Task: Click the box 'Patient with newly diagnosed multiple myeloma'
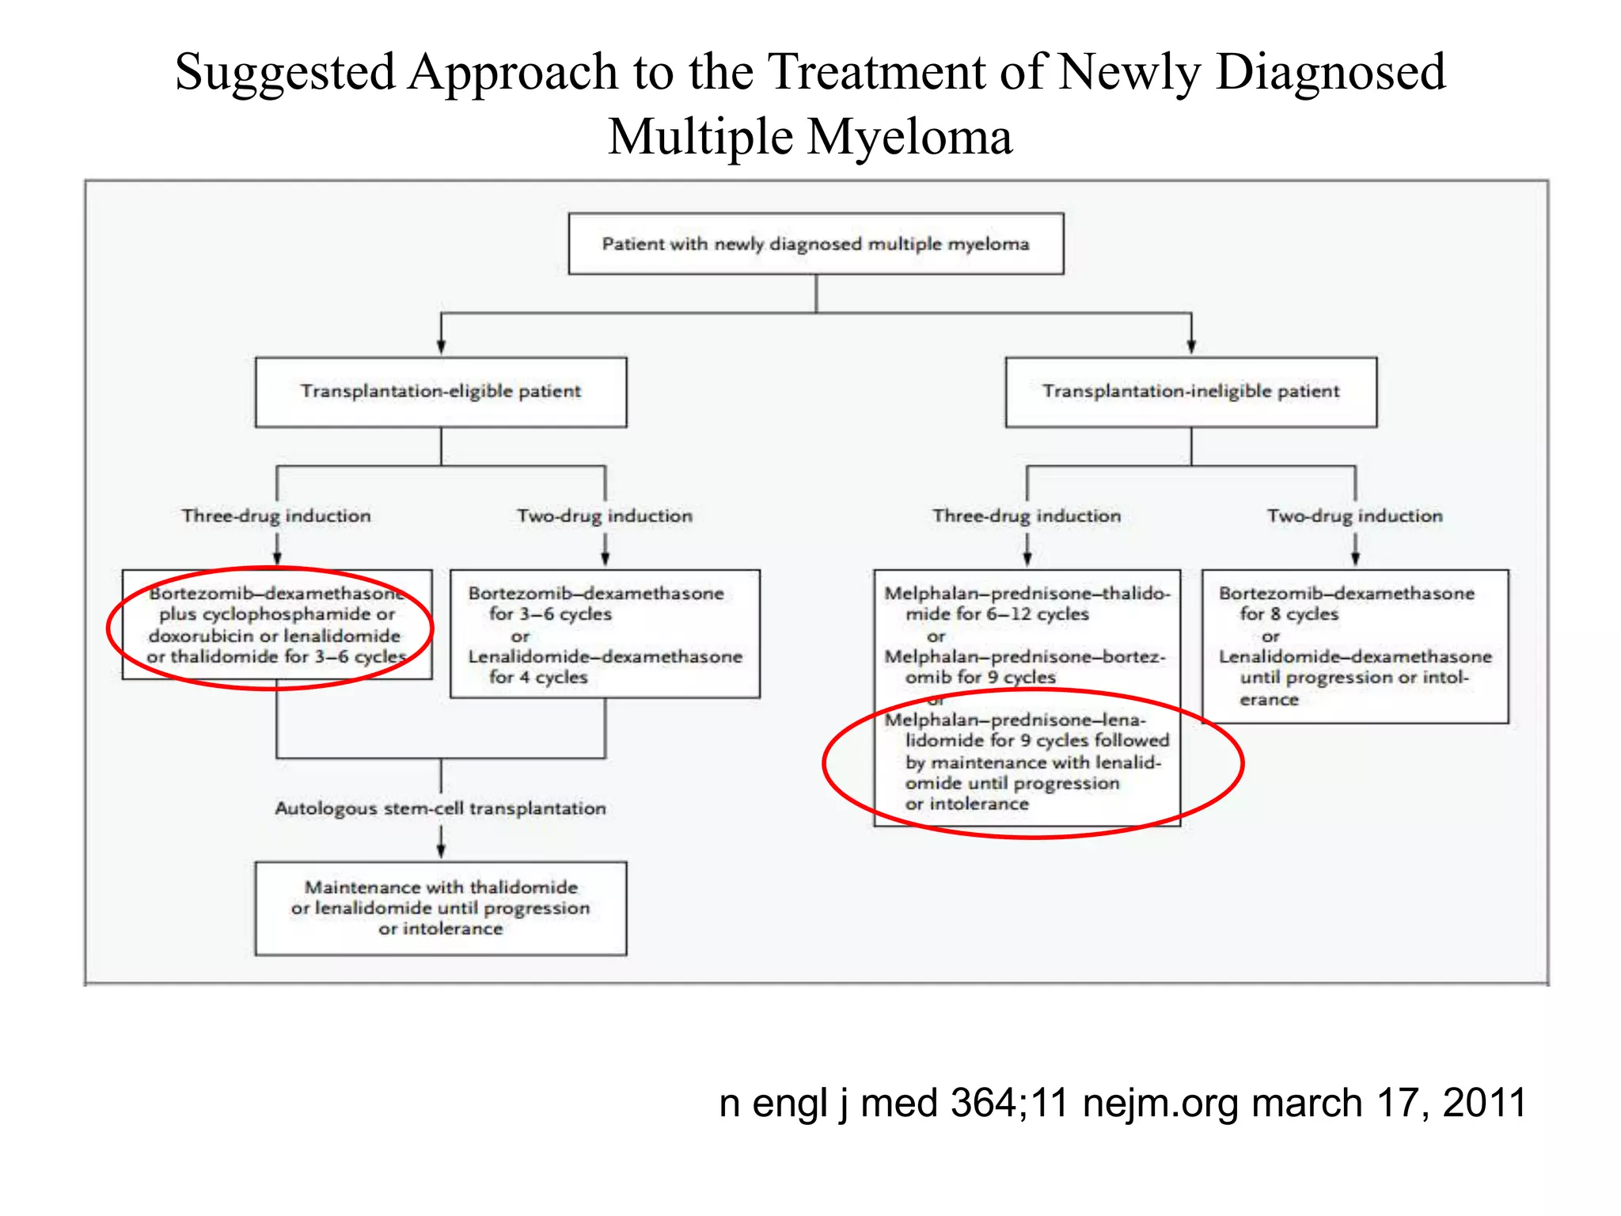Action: [x=815, y=244]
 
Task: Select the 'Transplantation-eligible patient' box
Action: [x=440, y=391]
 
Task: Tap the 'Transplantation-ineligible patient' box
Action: [x=1190, y=391]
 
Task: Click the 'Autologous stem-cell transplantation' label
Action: [x=440, y=808]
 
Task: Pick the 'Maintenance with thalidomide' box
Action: [x=440, y=908]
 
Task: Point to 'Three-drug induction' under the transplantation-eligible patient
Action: [x=276, y=516]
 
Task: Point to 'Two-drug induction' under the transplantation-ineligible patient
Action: [x=1354, y=516]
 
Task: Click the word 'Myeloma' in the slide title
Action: [x=909, y=137]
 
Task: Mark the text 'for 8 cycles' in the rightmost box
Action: [x=1289, y=614]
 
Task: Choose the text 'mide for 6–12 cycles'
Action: [x=997, y=614]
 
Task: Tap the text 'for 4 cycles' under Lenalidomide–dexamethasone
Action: [x=538, y=678]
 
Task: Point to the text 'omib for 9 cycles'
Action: [x=980, y=678]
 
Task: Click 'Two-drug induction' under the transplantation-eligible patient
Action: [x=605, y=516]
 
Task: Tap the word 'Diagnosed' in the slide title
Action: [x=1331, y=72]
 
